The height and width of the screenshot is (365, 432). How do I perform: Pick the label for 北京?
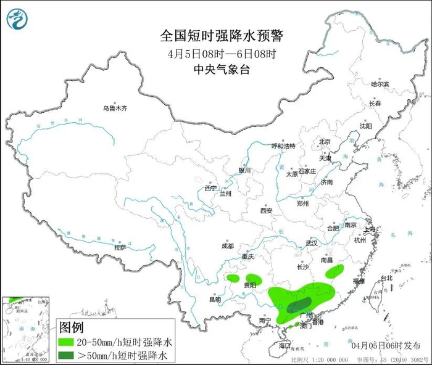tap(325, 142)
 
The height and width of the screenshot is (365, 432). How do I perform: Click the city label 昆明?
tap(215, 300)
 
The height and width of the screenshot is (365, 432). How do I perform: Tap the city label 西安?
tap(266, 210)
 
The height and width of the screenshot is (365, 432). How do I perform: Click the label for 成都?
tap(227, 246)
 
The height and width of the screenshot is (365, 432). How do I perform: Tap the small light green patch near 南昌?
tap(335, 270)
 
